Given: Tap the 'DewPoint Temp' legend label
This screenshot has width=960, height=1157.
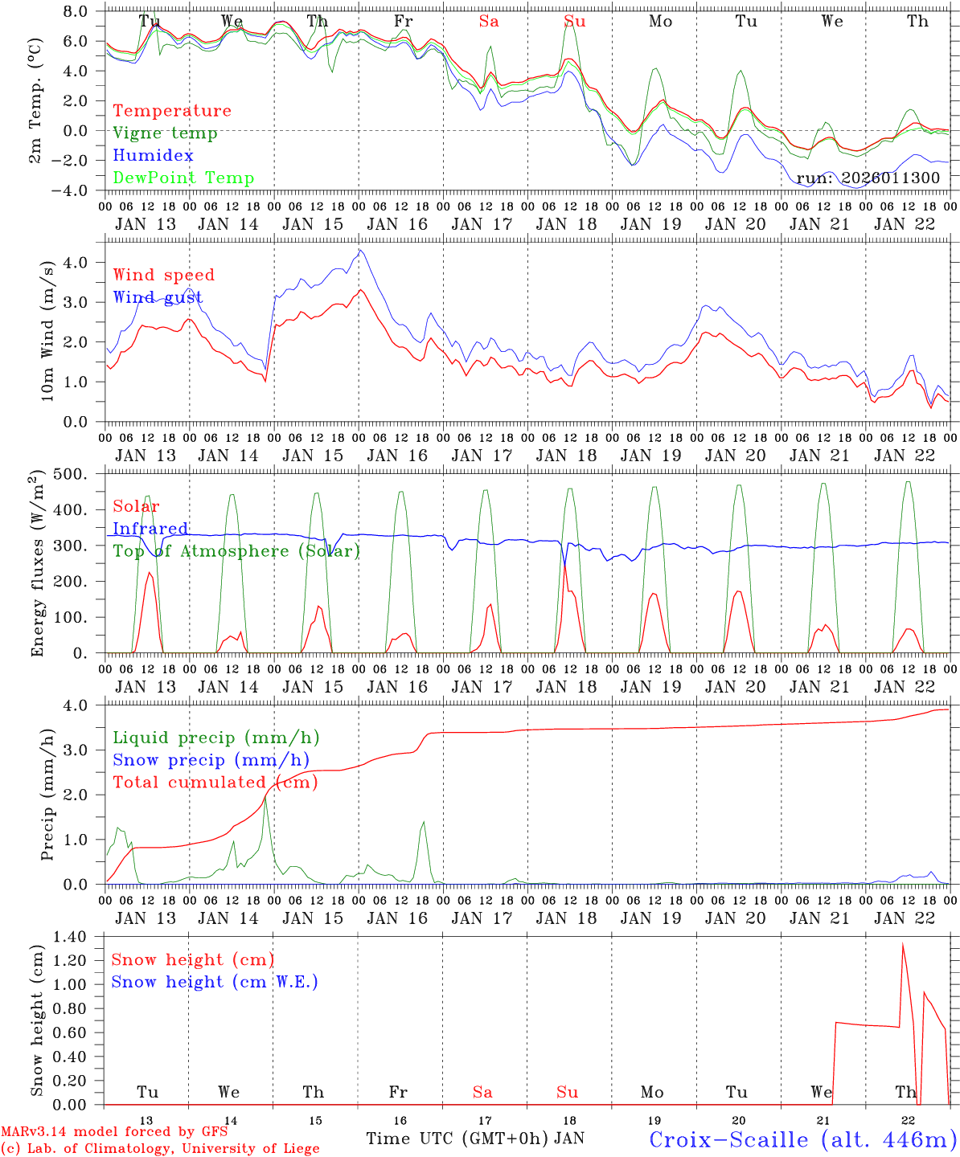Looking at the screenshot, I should tap(183, 178).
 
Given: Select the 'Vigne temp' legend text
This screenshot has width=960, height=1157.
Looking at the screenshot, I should tap(165, 133).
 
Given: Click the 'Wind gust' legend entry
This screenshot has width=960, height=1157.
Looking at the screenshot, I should tap(158, 298).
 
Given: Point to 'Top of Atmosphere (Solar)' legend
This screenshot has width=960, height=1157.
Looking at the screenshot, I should tap(236, 551).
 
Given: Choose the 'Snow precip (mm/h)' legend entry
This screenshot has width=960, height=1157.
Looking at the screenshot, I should tap(211, 760).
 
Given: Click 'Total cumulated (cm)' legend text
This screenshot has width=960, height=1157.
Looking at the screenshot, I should tap(215, 783).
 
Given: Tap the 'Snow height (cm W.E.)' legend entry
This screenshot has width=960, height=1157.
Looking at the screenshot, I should tap(214, 982).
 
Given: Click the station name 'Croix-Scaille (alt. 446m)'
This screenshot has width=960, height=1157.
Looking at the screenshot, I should tap(802, 1139).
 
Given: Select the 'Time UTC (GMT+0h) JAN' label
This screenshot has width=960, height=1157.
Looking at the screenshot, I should tap(474, 1139).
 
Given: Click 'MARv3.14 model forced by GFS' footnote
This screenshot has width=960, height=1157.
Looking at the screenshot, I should tap(114, 1133).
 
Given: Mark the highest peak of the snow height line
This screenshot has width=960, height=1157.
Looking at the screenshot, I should tap(903, 943).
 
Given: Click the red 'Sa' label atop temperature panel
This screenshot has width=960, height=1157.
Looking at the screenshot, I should tap(488, 21).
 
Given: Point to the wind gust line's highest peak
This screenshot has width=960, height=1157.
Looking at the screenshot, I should tap(359, 251).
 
